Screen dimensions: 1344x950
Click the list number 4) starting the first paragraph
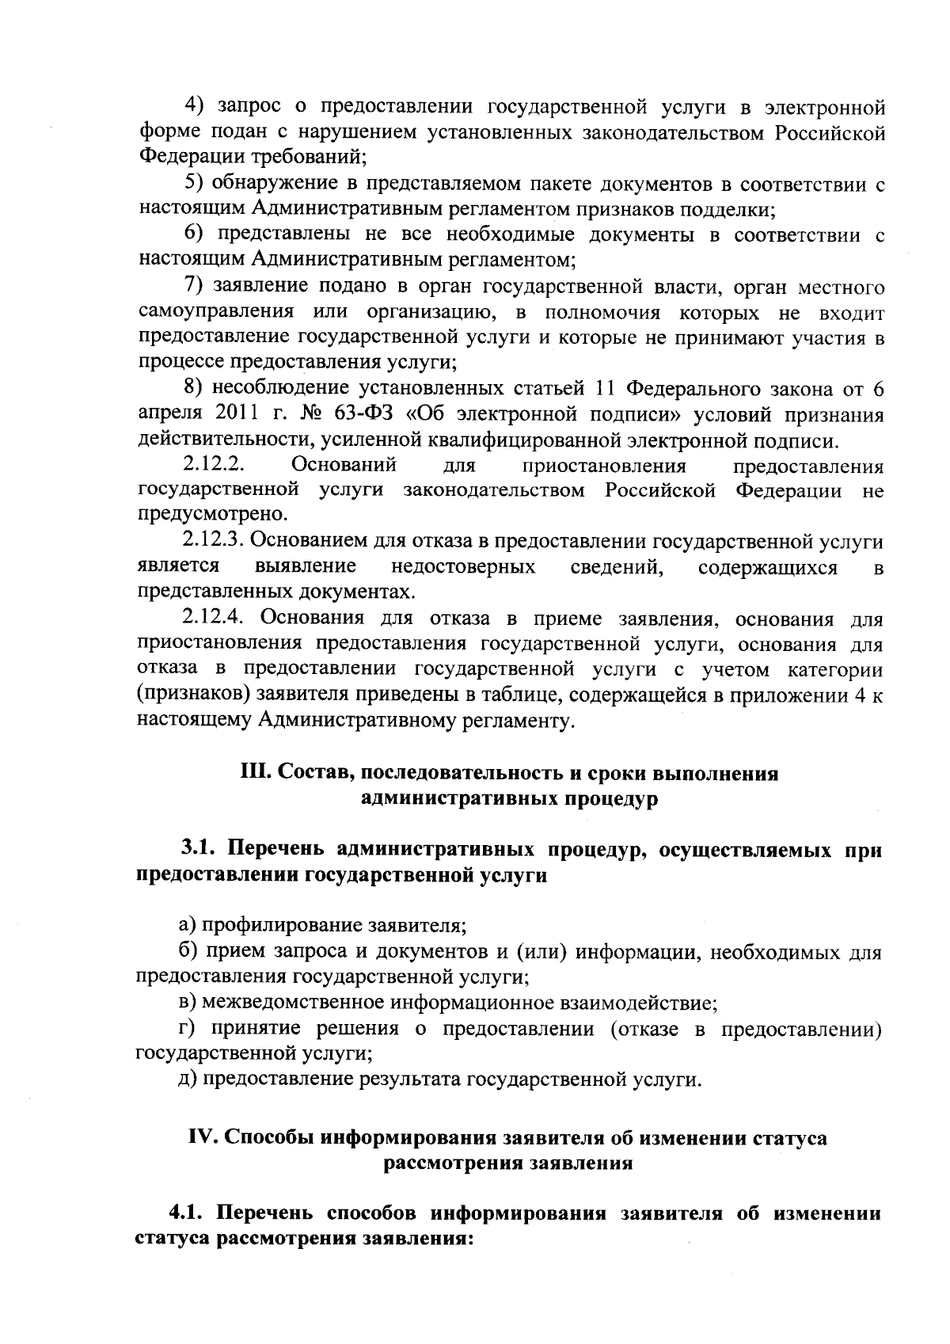pos(194,106)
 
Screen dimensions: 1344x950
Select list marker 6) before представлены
pos(194,235)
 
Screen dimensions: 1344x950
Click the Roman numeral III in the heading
pos(254,773)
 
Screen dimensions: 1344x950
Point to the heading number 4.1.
pos(184,1214)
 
